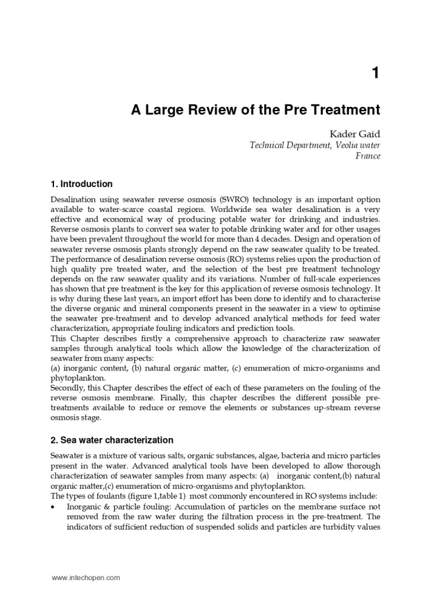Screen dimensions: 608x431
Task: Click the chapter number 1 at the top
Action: [x=375, y=74]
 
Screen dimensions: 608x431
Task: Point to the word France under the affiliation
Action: [x=367, y=156]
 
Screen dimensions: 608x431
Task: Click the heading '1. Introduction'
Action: [x=81, y=184]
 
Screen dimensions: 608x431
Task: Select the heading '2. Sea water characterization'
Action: [x=112, y=440]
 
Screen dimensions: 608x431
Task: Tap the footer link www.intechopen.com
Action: [x=85, y=577]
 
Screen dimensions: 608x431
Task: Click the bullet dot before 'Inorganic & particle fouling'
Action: [x=54, y=507]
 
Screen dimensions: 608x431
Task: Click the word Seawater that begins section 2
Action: [x=68, y=455]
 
